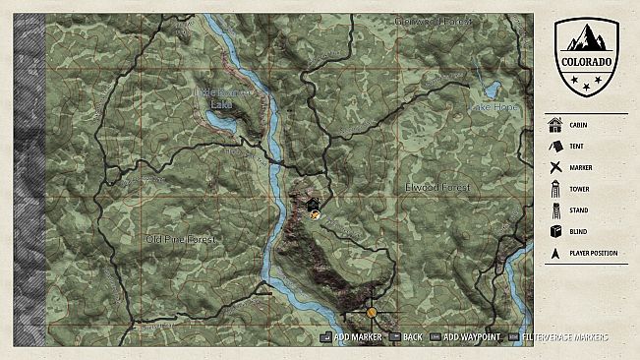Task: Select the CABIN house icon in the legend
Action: click(x=554, y=124)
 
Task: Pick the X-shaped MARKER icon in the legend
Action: click(x=554, y=167)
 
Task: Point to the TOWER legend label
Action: click(x=580, y=189)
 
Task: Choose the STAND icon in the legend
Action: click(x=554, y=210)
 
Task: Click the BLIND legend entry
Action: click(x=579, y=232)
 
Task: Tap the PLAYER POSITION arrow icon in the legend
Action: click(x=554, y=254)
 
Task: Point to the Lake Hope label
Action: click(x=493, y=106)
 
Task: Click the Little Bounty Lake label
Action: click(x=227, y=95)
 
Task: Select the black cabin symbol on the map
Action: click(x=313, y=204)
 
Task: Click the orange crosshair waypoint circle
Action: click(x=372, y=313)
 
